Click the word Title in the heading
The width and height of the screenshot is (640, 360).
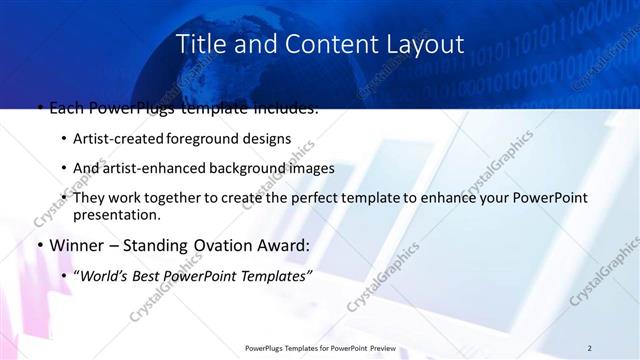[199, 44]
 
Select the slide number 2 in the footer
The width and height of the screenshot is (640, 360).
[589, 347]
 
